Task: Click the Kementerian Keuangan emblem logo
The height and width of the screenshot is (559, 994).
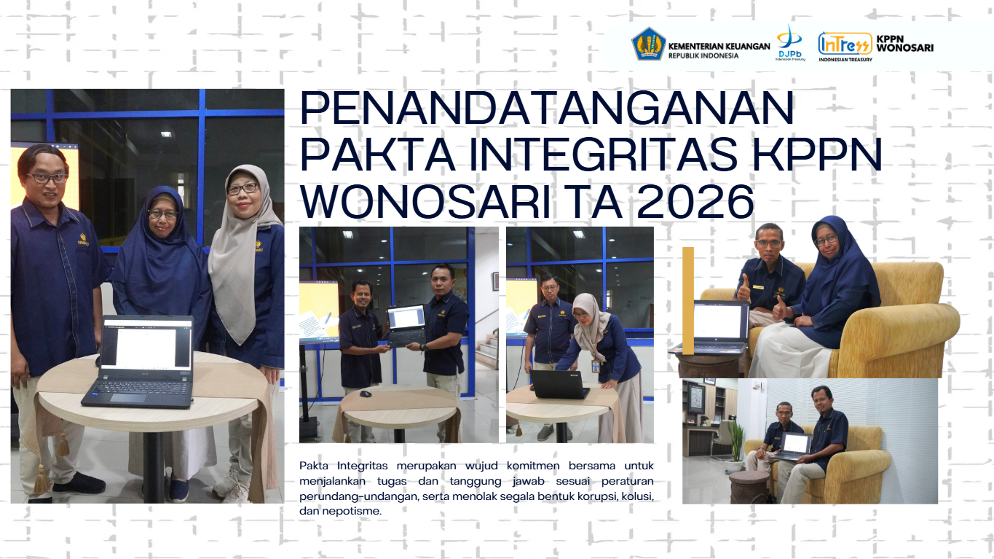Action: [x=648, y=44]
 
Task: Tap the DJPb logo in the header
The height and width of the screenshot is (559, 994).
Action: [x=790, y=43]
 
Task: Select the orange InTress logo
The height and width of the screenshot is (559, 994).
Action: [x=845, y=45]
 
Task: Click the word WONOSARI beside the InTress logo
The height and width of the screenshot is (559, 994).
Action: [x=905, y=48]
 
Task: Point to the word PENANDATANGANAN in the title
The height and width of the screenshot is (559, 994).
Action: [x=547, y=109]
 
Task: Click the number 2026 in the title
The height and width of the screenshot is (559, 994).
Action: [x=695, y=202]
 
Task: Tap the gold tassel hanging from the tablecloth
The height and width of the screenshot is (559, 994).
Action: [x=42, y=479]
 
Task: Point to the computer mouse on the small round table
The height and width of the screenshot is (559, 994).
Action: [x=366, y=394]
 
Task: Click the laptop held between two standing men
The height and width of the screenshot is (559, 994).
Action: [x=407, y=326]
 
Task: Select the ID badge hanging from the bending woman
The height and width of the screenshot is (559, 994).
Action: [x=595, y=366]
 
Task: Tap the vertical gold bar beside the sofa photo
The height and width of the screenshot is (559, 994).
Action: [x=688, y=300]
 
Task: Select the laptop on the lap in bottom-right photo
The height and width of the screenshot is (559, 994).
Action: [x=794, y=446]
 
